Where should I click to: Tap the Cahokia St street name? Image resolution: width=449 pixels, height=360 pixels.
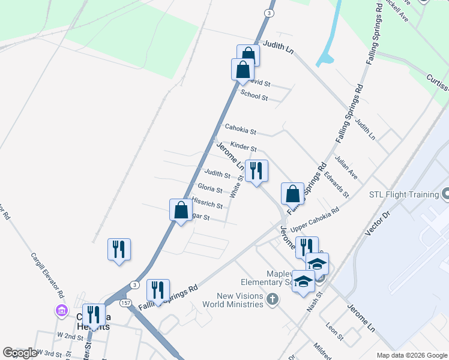tap(240, 130)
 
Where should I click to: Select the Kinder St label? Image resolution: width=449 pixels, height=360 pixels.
tap(244, 146)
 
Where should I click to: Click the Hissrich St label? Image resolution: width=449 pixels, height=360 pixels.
tap(209, 204)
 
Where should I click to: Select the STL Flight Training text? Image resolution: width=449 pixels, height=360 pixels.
tap(403, 194)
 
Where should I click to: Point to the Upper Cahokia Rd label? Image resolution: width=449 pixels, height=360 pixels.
tap(315, 220)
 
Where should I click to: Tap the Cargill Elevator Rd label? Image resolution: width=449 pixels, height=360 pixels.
tap(47, 275)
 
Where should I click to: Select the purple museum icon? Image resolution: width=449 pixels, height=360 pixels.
tap(61, 311)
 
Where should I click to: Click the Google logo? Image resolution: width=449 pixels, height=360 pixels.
tap(20, 353)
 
